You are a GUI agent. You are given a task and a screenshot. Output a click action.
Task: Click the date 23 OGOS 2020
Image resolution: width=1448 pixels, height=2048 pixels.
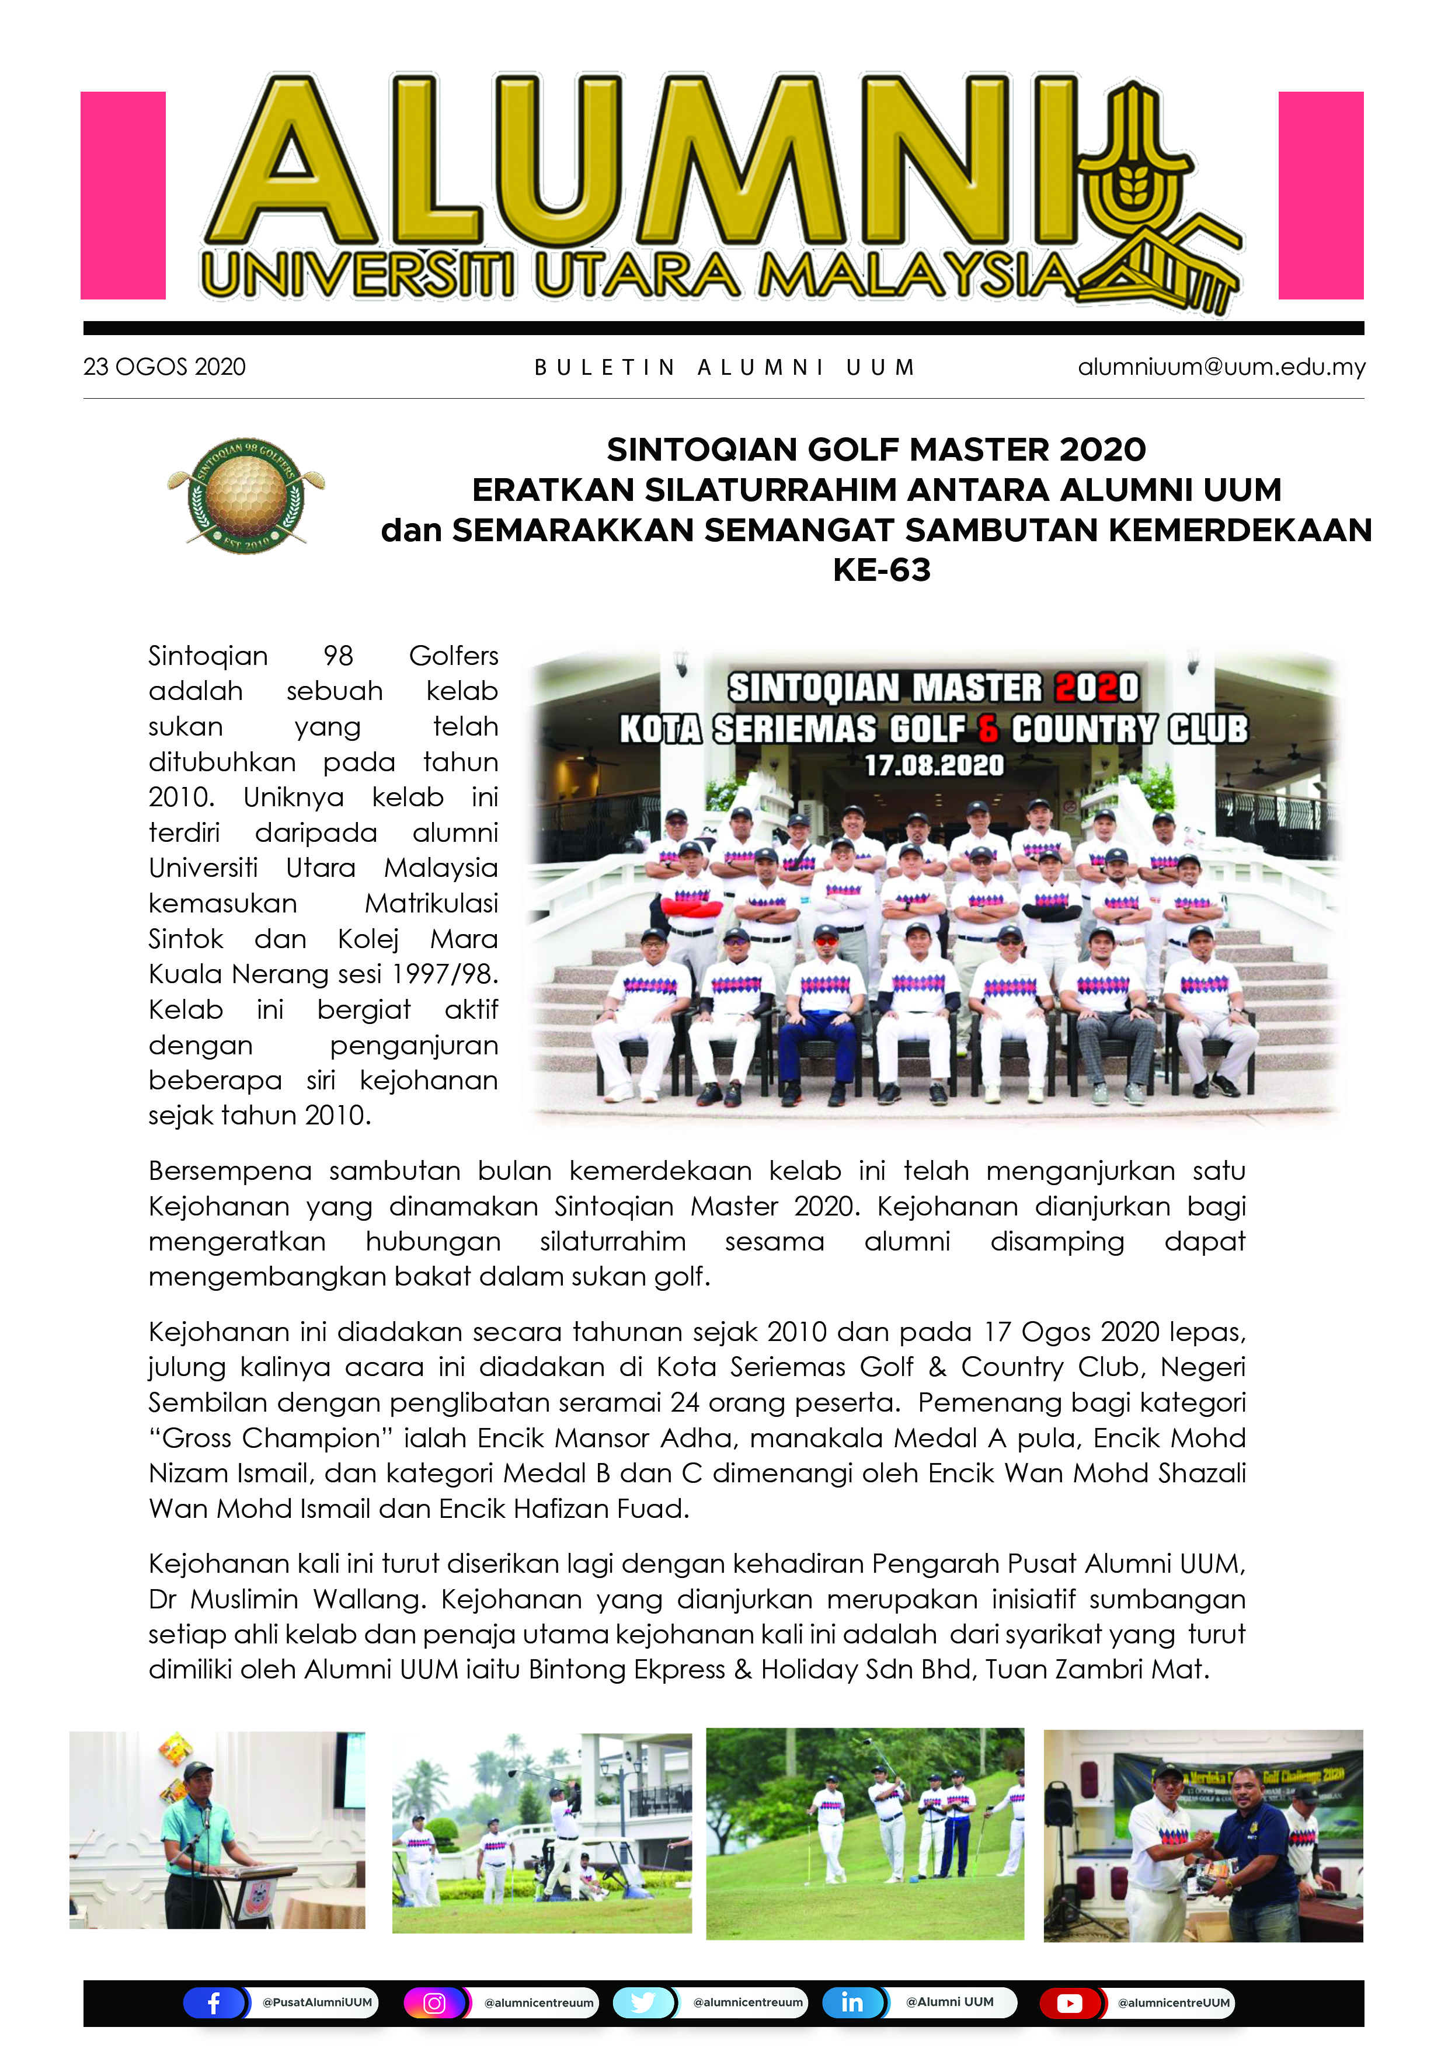coord(164,367)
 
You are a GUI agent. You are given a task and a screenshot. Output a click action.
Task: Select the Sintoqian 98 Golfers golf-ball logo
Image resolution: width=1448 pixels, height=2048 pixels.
coord(246,495)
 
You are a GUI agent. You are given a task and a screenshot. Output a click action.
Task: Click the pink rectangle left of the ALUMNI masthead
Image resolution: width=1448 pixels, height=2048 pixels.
coord(123,196)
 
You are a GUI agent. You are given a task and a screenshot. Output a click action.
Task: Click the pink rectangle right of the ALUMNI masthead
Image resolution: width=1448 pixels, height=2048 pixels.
coord(1320,196)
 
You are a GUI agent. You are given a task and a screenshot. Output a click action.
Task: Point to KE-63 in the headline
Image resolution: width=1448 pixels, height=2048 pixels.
coord(882,570)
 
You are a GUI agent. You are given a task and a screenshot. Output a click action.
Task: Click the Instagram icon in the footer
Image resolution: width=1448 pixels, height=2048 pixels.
coord(434,2002)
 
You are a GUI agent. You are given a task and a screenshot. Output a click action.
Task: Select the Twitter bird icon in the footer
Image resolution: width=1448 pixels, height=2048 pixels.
coord(642,2002)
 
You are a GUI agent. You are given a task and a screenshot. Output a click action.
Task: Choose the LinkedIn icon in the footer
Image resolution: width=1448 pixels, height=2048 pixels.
coord(852,2002)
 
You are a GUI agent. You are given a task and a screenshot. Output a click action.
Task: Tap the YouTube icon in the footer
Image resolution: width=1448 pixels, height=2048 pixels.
coord(1070,2002)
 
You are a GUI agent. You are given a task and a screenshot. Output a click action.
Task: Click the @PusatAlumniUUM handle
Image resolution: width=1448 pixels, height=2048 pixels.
coord(316,2002)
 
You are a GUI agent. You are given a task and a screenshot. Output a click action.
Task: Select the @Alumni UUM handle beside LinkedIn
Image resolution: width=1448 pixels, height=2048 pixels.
coord(949,2002)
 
